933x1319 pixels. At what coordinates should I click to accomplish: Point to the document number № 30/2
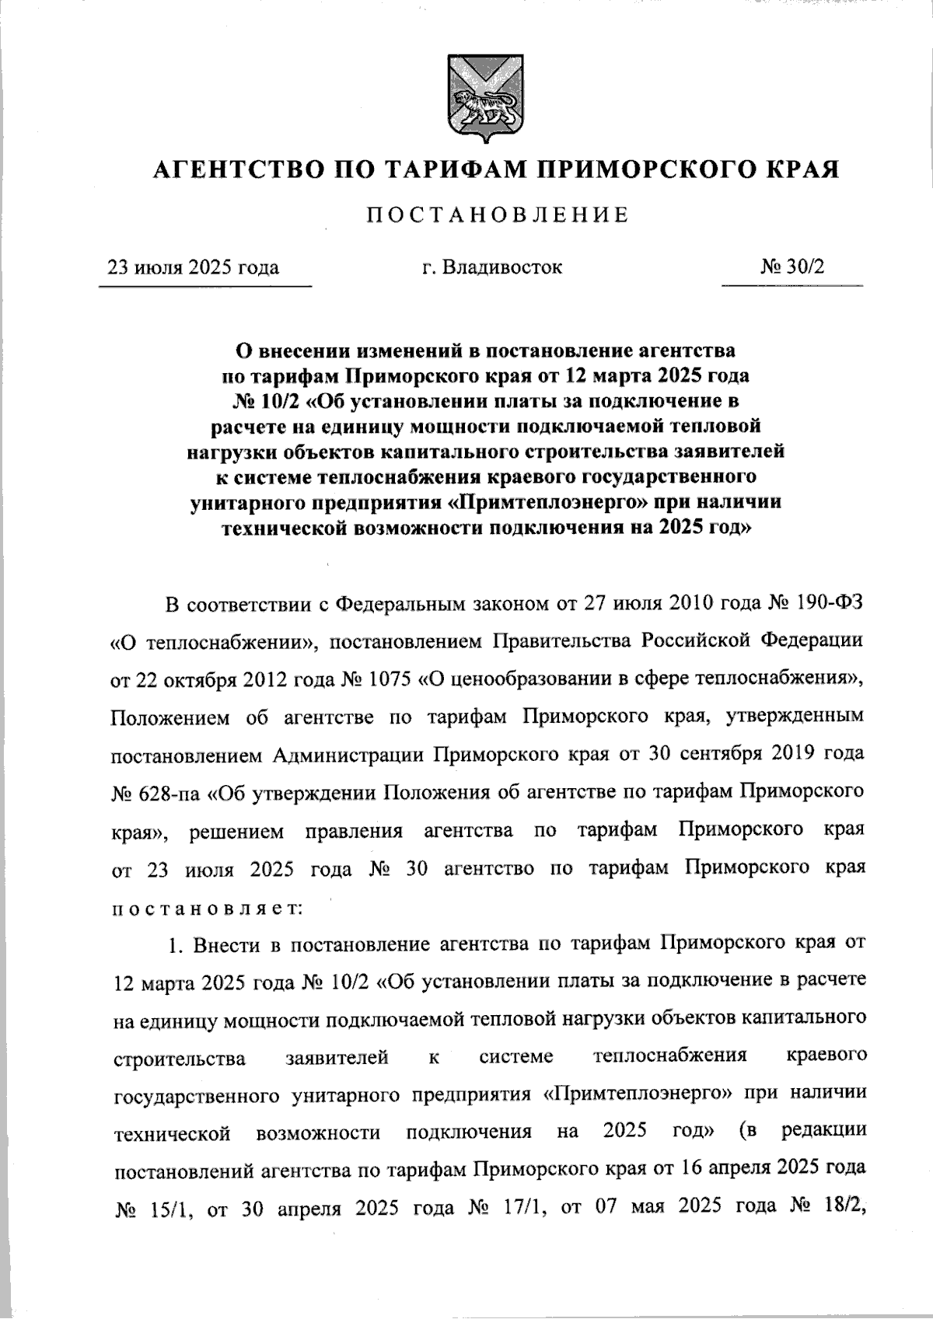792,267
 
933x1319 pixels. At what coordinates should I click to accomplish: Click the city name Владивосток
502,267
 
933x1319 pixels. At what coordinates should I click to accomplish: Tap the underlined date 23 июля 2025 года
194,268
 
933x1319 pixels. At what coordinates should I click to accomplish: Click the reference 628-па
171,792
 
